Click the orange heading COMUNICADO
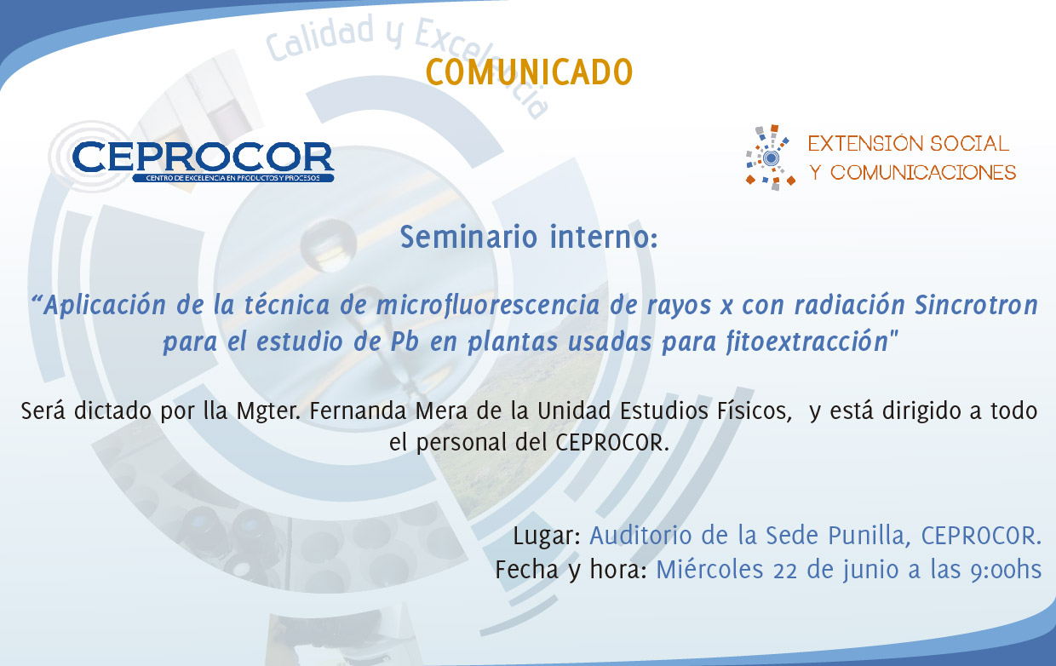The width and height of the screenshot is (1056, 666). point(529,72)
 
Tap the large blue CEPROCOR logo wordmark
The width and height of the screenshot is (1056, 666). point(204,157)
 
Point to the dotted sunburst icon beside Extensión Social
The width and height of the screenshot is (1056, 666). point(770,158)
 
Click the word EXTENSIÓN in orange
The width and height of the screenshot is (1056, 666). point(865,144)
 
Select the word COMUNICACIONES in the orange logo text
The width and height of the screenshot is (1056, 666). point(923,173)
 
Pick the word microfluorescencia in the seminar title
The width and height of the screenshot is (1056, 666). point(487,305)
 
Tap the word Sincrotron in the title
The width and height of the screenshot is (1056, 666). point(976,305)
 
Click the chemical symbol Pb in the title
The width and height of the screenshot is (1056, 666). point(405,342)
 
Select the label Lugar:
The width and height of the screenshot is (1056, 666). point(547,536)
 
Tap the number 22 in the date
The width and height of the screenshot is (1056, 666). point(785,570)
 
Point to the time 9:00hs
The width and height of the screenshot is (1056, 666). point(1006,570)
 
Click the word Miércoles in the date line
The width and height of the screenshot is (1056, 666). point(709,569)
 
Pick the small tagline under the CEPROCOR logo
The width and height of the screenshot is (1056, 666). point(232,178)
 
